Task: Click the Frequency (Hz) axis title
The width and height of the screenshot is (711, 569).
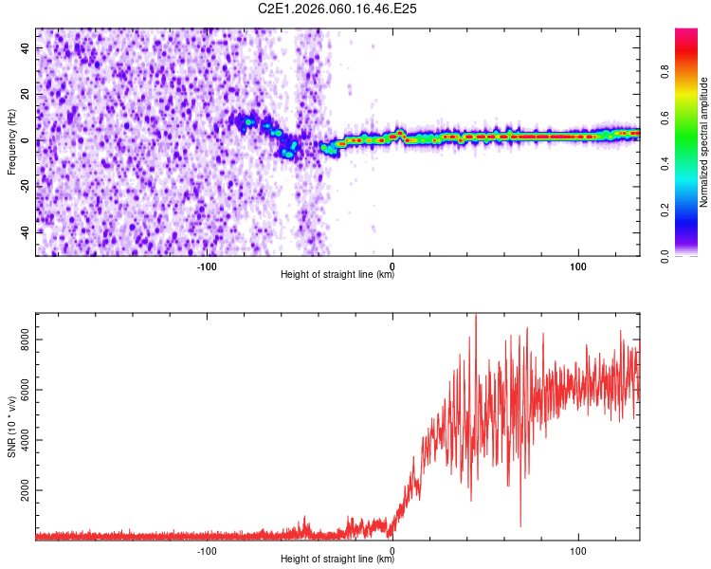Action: click(11, 142)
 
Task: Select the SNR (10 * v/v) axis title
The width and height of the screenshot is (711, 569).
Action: click(11, 427)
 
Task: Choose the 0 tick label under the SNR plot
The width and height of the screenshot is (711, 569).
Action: click(392, 549)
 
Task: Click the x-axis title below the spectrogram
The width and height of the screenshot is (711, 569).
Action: click(337, 275)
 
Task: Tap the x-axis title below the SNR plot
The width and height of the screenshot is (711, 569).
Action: click(337, 560)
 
